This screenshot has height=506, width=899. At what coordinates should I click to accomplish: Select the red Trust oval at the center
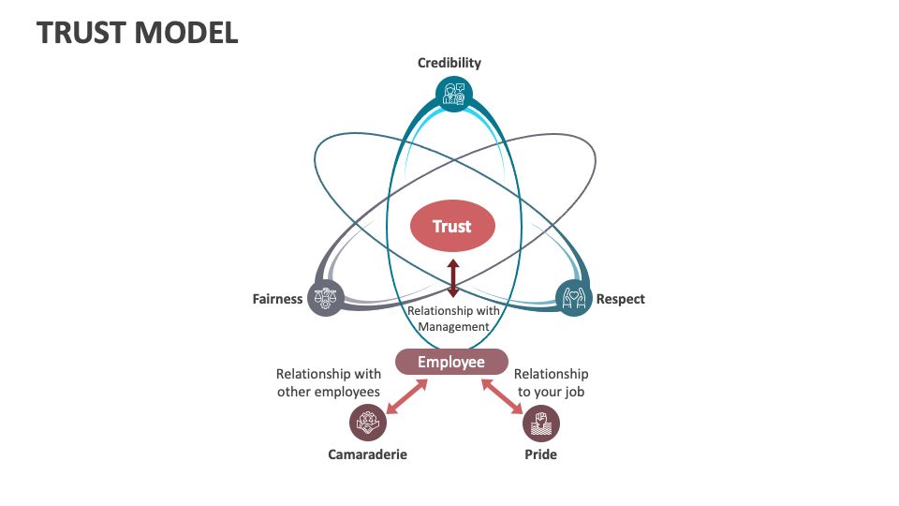452,226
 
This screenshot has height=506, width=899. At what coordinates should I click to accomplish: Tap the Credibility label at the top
449,63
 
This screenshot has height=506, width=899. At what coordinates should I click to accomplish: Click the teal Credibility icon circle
454,94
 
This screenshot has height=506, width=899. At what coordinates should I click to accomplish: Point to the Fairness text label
277,299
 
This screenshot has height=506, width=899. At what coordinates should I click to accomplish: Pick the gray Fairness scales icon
325,298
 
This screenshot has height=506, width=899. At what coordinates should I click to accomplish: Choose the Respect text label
621,299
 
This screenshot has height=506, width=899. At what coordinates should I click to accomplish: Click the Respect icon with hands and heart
574,298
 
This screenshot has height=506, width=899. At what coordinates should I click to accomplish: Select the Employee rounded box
451,362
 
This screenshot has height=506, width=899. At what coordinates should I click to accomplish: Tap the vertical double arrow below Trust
453,278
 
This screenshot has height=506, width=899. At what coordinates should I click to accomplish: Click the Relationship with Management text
453,319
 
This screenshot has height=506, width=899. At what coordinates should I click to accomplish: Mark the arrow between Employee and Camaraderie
407,395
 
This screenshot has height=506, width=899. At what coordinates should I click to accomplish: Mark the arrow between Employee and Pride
502,395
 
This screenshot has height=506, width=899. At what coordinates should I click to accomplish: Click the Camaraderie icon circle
367,423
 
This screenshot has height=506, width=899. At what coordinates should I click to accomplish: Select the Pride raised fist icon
540,423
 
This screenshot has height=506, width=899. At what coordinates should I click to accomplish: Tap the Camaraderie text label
367,454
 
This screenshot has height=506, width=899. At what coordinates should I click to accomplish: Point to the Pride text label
540,454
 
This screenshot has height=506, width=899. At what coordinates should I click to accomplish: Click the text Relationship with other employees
328,382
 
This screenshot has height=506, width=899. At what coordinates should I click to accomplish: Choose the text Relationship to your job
551,382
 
